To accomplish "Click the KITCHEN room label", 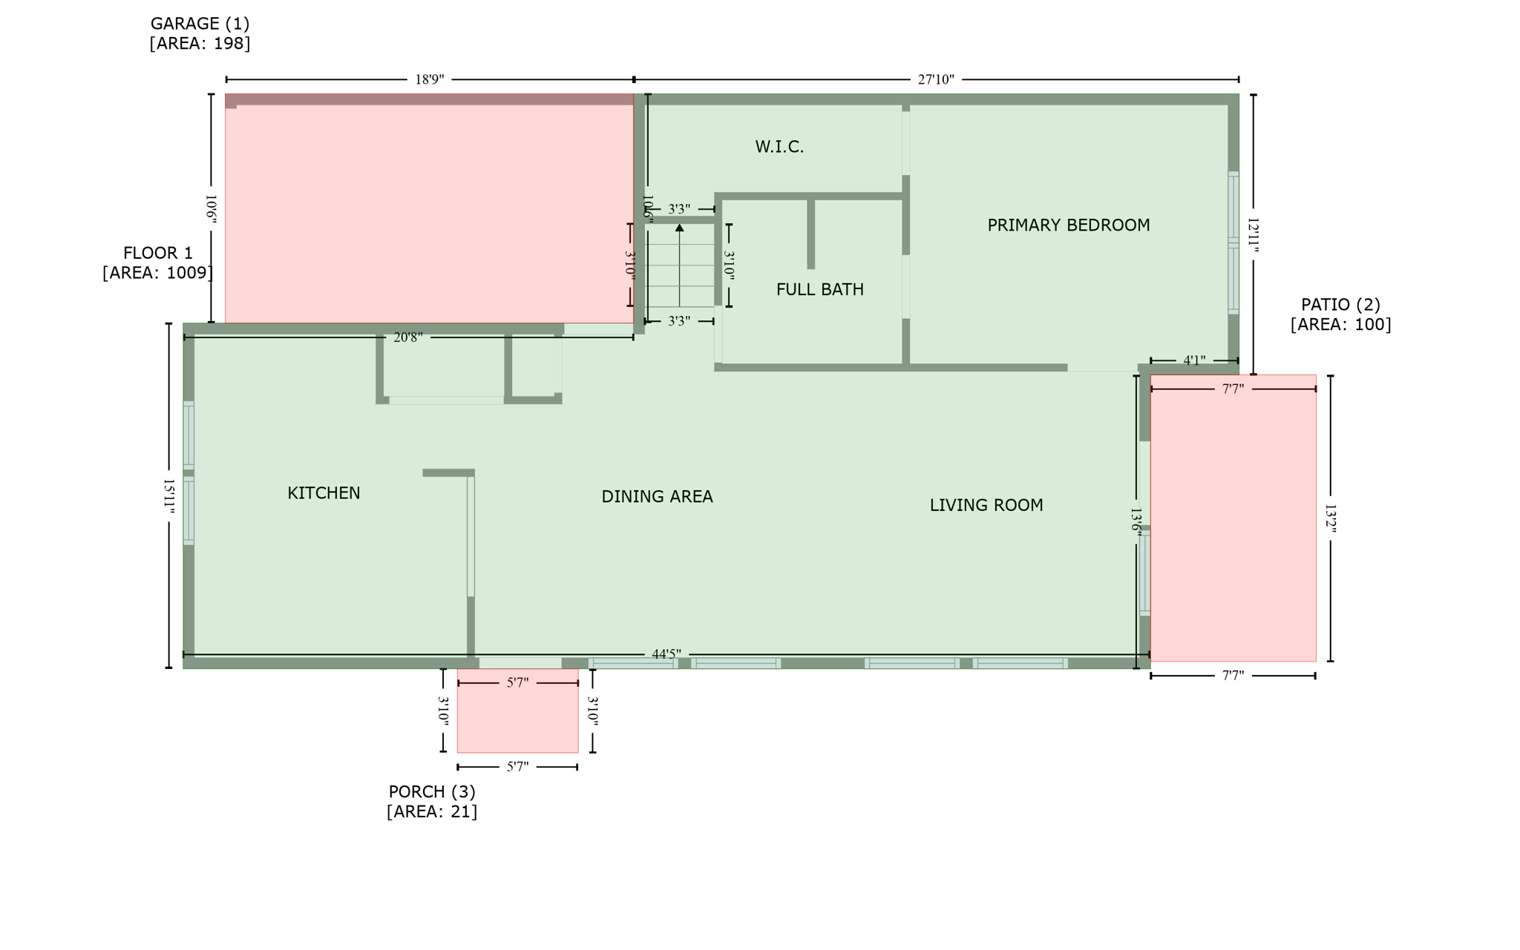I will [324, 493].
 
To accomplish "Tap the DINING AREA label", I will [657, 497].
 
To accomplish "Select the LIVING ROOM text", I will [986, 505].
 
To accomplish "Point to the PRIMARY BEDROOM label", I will [1068, 225].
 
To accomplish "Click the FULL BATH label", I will [819, 289].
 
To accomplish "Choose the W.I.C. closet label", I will [779, 147].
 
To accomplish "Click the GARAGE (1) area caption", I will [200, 33].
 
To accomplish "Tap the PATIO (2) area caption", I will [1340, 314].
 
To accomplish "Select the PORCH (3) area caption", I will [432, 802].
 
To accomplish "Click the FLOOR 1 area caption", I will [157, 263].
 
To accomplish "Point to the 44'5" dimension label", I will [666, 654].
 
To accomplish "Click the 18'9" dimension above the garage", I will [429, 79].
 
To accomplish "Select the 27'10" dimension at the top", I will [935, 79].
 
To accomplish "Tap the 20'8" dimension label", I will [407, 337].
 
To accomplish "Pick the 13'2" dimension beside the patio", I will [1330, 519].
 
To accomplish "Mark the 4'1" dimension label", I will [1193, 360].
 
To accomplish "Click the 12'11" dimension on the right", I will [1254, 236].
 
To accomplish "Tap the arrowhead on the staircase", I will [679, 228].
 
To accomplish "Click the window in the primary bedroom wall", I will [1233, 243].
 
